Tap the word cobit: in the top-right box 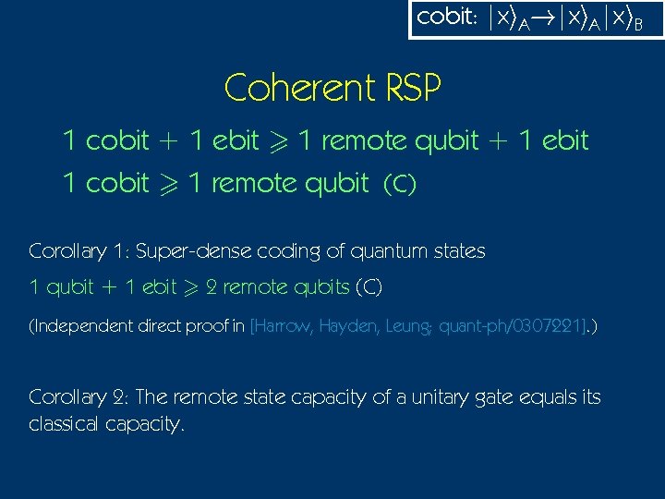point(447,18)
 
